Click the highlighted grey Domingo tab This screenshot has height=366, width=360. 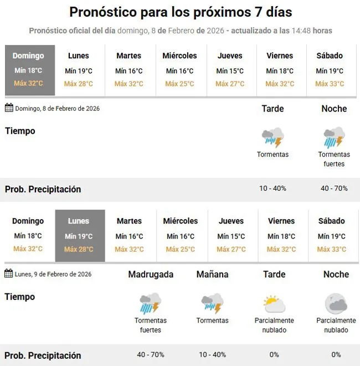30,70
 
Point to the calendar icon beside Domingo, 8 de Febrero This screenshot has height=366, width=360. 9,108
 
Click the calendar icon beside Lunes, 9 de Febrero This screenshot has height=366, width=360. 9,273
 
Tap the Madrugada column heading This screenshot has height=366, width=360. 151,274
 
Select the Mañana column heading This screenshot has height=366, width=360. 212,274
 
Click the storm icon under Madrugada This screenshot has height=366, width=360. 151,304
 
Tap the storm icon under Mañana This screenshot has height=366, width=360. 212,304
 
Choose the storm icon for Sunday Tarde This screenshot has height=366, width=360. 272,138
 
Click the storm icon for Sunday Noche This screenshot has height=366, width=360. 334,138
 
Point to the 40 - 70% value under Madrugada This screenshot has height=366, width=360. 151,354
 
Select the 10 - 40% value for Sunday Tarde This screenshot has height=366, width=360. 272,189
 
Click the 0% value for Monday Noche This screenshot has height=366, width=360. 336,354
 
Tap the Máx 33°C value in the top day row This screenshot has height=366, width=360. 329,84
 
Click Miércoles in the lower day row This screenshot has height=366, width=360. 181,221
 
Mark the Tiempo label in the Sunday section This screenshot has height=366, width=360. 20,131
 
